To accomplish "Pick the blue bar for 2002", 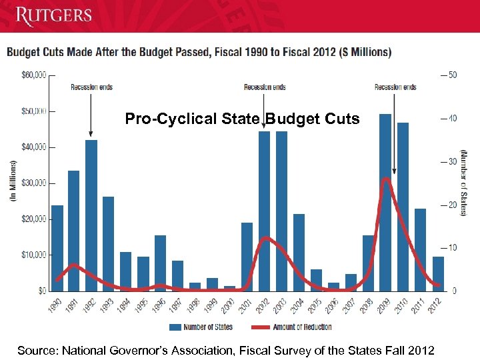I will (265, 211).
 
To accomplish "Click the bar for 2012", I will (437, 273).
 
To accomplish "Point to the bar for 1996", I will (161, 263).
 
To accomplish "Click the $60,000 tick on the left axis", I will (33, 75).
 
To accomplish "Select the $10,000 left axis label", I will (33, 255).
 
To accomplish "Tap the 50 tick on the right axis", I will (452, 75).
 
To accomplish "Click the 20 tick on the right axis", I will (452, 205).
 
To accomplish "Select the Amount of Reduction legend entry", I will (294, 327).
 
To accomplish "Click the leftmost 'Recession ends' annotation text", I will (92, 87).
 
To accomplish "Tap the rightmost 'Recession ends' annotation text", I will (395, 87).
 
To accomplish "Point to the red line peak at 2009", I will (385, 179).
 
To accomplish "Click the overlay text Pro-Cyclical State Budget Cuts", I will (243, 119).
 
